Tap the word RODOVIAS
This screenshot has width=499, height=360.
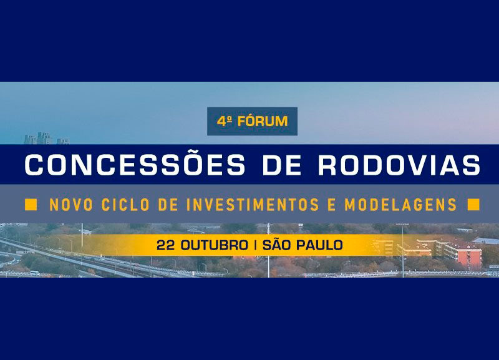pyautogui.click(x=399, y=165)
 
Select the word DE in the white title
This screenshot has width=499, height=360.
pyautogui.click(x=282, y=165)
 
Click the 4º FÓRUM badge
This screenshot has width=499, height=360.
pyautogui.click(x=253, y=121)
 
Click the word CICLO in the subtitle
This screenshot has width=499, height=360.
pyautogui.click(x=125, y=205)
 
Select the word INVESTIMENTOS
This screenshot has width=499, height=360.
pyautogui.click(x=253, y=205)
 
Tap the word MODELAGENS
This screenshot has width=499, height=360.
pyautogui.click(x=401, y=205)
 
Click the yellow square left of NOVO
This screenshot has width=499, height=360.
pyautogui.click(x=31, y=205)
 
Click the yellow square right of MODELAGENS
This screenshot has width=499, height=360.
pyautogui.click(x=473, y=205)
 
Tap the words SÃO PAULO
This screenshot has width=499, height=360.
pyautogui.click(x=303, y=245)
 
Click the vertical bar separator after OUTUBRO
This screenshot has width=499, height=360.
pyautogui.click(x=256, y=245)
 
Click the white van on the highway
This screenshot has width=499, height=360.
pyautogui.click(x=35, y=273)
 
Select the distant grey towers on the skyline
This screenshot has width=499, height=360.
pyautogui.click(x=46, y=139)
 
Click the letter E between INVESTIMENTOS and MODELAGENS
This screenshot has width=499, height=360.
pyautogui.click(x=332, y=205)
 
